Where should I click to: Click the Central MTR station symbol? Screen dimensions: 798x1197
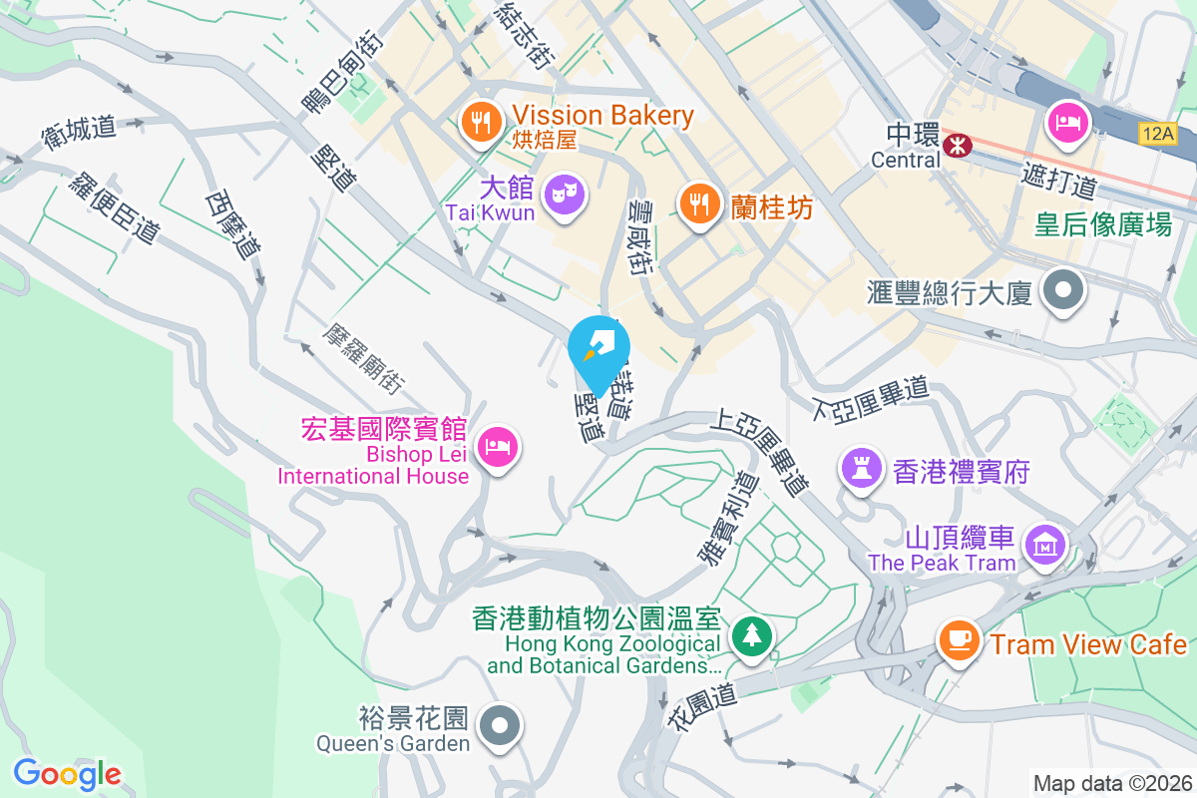coord(958,146)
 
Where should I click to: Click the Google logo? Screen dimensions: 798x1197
coord(68,773)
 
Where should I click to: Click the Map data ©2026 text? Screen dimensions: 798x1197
coord(1112,783)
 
